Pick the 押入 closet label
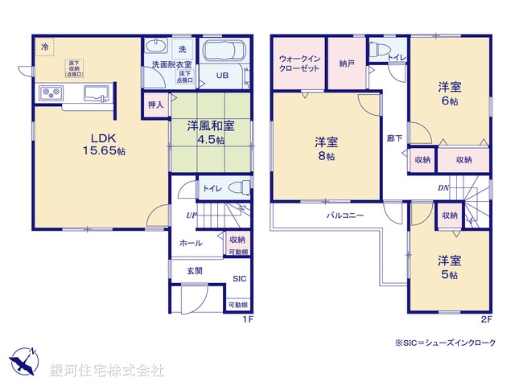pos(156,103)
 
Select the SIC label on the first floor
pos(239,279)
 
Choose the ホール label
pos(191,243)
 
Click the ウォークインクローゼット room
pos(299,64)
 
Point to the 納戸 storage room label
pos(348,63)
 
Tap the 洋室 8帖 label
pos(326,149)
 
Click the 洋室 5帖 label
pos(448,267)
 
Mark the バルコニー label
pos(344,216)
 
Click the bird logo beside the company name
pos(23,361)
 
